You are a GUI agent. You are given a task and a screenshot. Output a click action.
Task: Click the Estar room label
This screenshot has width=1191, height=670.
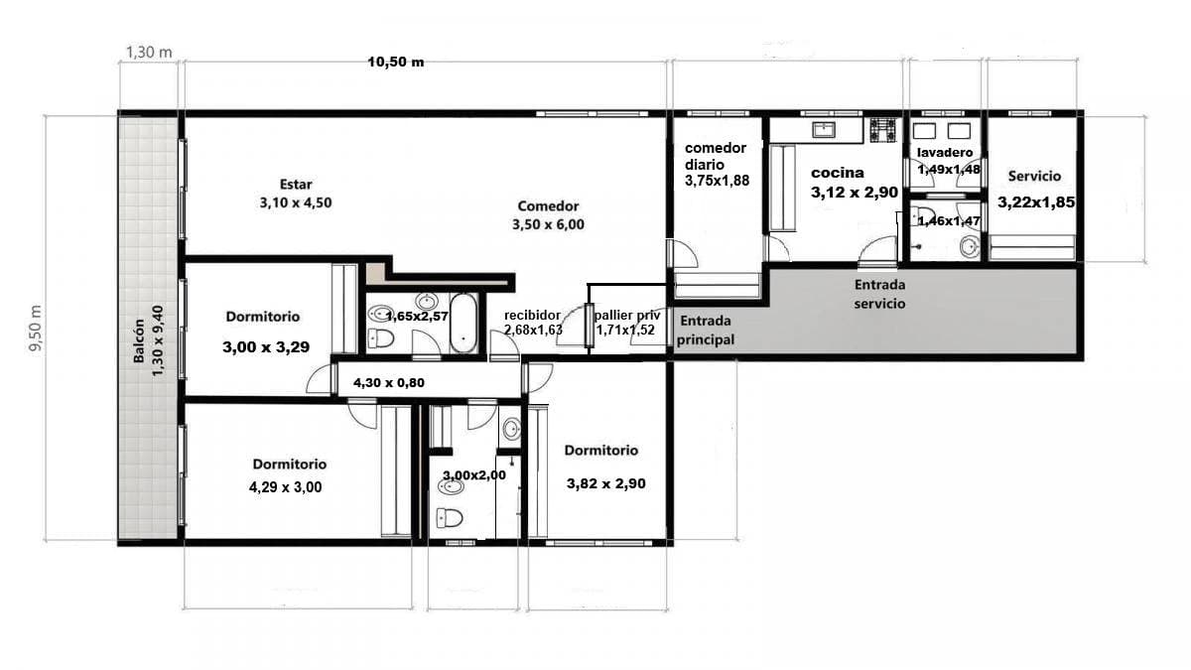296,185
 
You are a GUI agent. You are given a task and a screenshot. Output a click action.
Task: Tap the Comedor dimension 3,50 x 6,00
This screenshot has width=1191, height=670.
548,224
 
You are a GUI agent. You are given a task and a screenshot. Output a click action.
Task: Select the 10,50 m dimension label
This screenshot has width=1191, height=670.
396,63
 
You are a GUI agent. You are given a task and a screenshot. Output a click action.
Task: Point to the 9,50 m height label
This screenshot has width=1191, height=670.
36,329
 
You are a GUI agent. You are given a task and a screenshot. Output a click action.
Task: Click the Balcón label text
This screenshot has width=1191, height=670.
139,340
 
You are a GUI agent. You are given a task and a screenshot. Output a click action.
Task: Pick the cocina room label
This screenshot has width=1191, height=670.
838,173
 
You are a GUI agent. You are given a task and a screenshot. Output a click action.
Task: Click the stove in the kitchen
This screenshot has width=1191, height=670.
882,130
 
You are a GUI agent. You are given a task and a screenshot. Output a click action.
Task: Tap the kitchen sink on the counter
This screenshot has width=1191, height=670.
824,129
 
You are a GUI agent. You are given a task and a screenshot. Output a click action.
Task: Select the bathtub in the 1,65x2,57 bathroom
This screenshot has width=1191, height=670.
463,323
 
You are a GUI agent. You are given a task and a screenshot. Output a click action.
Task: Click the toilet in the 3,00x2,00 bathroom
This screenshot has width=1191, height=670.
450,517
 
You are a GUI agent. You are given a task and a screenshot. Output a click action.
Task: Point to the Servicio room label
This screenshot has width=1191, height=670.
1034,176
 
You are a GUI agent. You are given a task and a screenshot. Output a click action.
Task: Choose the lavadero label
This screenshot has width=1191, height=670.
945,153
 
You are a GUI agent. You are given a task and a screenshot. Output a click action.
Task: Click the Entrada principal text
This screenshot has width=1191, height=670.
705,331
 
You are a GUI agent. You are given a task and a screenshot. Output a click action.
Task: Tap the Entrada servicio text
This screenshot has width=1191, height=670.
879,294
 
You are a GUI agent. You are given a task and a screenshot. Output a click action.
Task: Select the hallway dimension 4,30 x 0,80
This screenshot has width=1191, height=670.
389,383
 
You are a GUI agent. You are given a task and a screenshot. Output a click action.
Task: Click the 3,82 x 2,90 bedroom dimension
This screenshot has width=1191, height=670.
606,484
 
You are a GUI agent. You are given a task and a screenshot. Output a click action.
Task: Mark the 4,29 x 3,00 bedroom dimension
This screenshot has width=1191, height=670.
286,487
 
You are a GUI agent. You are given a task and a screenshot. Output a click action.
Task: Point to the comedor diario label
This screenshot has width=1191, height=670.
716,156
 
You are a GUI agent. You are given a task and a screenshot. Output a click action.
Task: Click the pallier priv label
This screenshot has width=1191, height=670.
627,316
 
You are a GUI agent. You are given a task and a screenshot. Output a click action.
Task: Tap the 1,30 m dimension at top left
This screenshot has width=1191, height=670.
149,52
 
